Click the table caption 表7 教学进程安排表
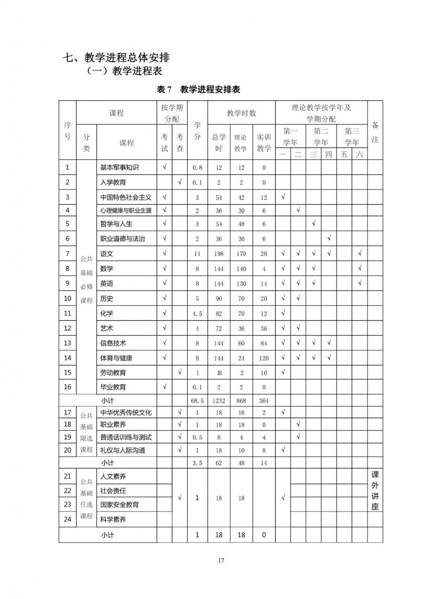(x=198, y=89)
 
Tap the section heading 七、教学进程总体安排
(x=116, y=58)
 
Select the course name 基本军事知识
(x=120, y=167)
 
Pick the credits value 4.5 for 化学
(x=197, y=314)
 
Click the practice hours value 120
(x=264, y=358)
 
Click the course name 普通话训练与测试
(x=126, y=437)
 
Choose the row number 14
(x=67, y=358)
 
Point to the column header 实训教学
(x=264, y=143)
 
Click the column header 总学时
(x=219, y=143)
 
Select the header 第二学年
(x=321, y=136)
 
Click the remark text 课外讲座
(x=375, y=490)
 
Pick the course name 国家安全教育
(x=120, y=505)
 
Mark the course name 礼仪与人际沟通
(x=122, y=450)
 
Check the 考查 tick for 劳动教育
(x=179, y=373)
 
